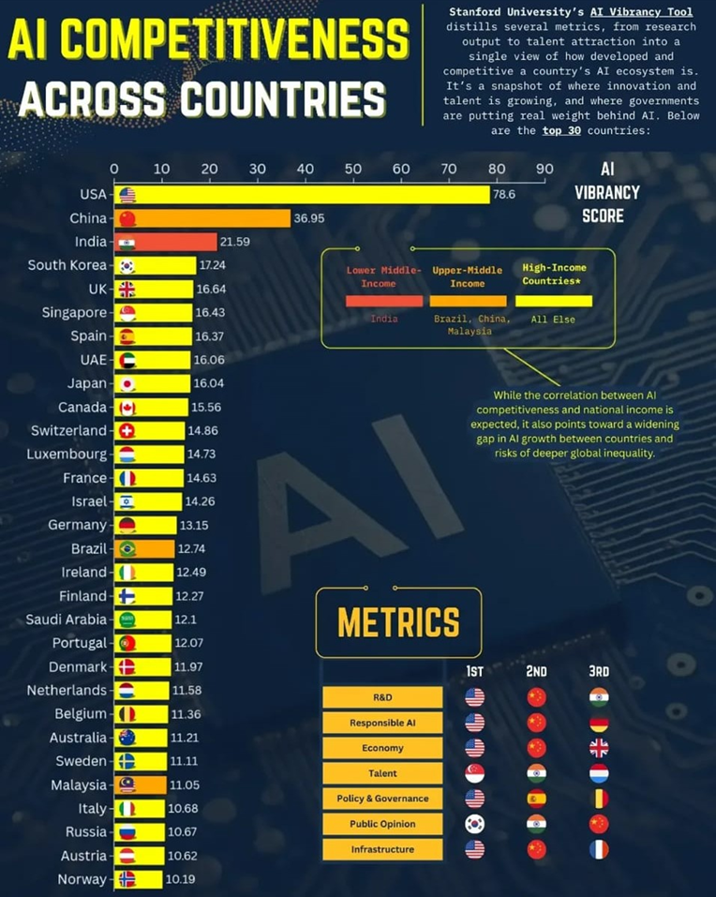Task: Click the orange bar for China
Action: [201, 218]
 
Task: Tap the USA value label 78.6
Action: [506, 195]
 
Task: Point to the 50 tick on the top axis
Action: [353, 170]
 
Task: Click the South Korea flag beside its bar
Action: [127, 265]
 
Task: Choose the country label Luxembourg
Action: [67, 454]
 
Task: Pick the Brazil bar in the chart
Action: [144, 548]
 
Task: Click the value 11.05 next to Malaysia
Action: [186, 785]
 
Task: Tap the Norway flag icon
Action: [127, 879]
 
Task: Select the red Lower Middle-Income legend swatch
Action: [383, 301]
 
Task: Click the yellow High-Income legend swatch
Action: [553, 301]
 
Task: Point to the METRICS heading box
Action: [398, 622]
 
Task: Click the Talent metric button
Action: [382, 773]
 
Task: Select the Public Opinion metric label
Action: [382, 824]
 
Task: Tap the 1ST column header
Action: [474, 671]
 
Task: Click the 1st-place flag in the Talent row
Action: [474, 773]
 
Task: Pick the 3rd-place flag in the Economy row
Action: [599, 748]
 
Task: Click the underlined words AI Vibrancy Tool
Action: [642, 12]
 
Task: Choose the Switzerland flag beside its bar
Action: [127, 430]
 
